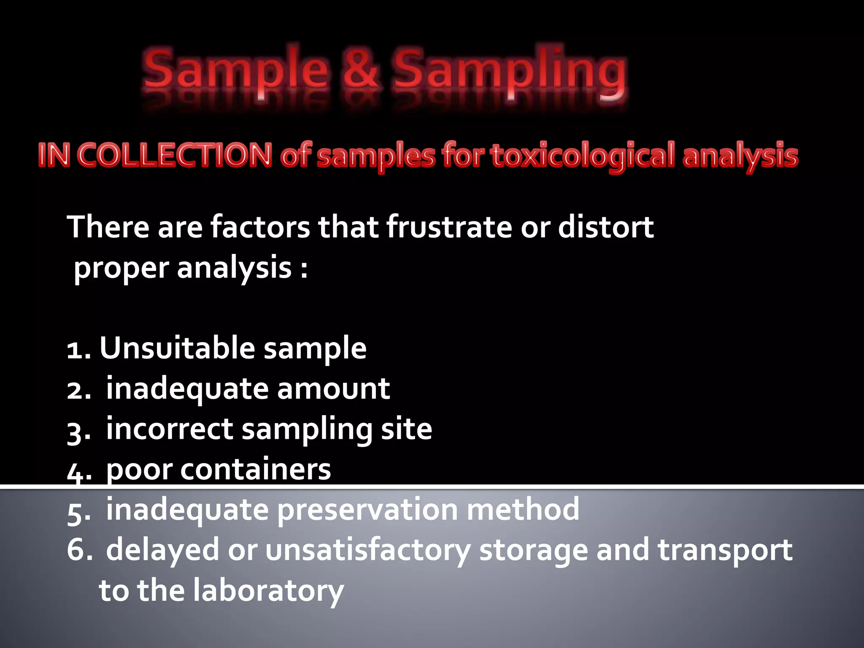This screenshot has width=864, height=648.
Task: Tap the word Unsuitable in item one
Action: click(177, 348)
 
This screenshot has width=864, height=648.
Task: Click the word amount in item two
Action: click(333, 389)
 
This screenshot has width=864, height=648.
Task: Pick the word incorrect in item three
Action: click(169, 429)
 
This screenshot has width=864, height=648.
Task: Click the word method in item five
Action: click(523, 510)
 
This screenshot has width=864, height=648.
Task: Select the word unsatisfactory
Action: click(367, 550)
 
